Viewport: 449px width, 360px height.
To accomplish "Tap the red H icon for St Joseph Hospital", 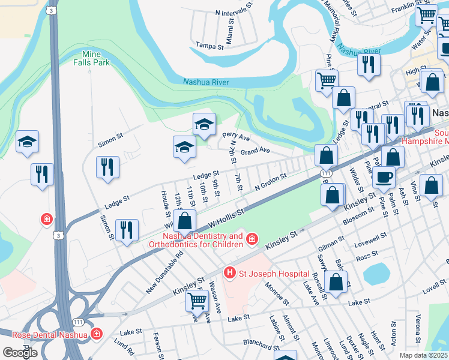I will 229,274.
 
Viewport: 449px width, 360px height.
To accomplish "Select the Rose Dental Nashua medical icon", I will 96,334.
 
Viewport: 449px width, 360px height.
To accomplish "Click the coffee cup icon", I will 384,176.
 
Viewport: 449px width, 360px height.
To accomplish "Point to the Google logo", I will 20,352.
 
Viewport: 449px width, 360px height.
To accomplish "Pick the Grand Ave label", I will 255,151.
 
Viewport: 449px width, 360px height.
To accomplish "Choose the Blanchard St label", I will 258,343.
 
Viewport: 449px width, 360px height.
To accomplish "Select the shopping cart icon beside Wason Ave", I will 197,301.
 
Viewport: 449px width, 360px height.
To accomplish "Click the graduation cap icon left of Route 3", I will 27,142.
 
